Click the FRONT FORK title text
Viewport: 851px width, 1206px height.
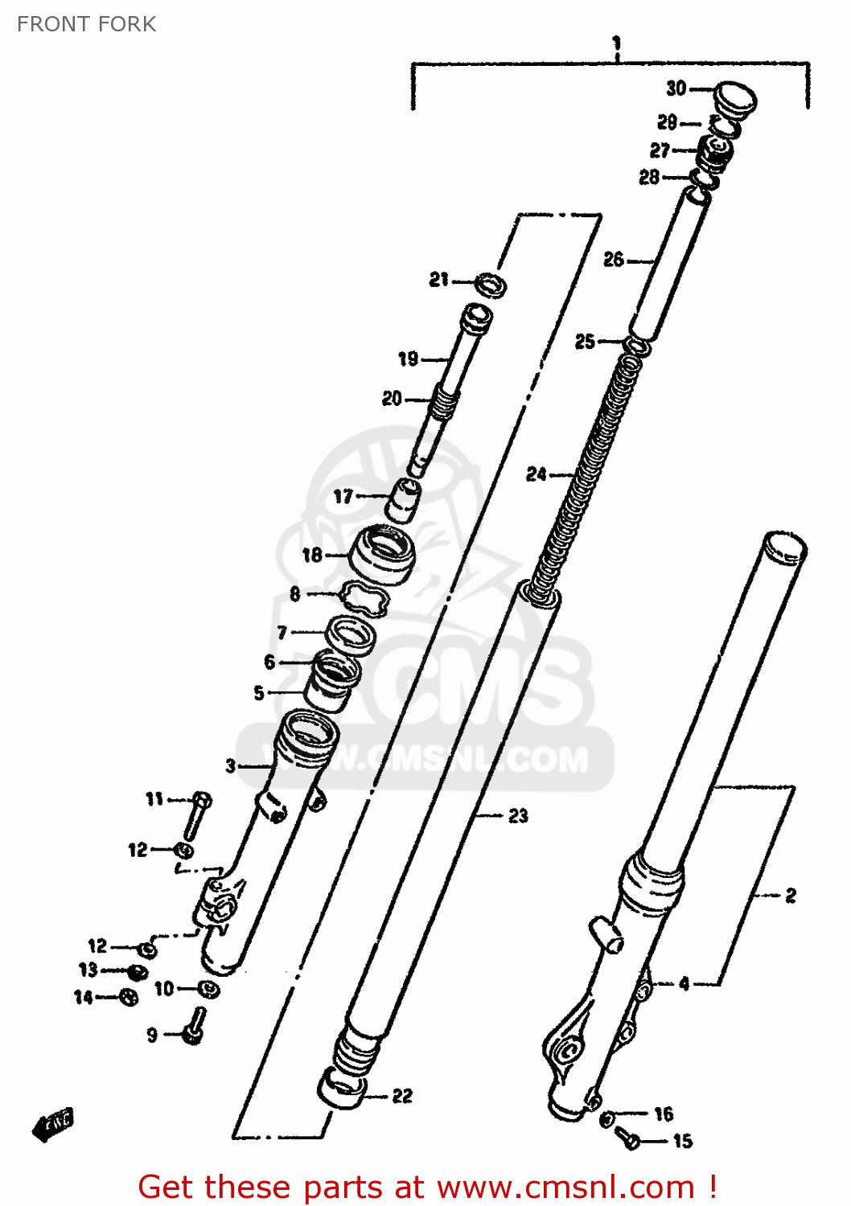click(86, 24)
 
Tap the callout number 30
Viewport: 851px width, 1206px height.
click(676, 88)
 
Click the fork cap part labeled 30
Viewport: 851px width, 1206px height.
click(734, 97)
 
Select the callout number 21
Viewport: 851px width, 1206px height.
click(438, 280)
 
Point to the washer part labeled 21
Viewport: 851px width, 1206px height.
click(491, 284)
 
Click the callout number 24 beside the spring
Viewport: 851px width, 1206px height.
click(536, 474)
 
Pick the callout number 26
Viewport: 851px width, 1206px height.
click(614, 259)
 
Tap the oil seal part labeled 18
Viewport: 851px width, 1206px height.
click(382, 555)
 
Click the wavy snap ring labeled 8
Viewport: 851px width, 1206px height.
click(364, 598)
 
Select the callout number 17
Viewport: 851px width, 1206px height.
click(343, 497)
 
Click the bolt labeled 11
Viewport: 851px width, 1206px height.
click(196, 816)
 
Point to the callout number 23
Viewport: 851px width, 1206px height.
click(518, 816)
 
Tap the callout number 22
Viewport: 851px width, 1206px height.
click(402, 1096)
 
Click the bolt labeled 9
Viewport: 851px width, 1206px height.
click(194, 1027)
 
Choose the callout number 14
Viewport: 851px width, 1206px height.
click(84, 997)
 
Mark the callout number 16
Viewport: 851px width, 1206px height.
click(664, 1114)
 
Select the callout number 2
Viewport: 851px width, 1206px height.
click(791, 895)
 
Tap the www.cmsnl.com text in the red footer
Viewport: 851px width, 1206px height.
click(565, 1187)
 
